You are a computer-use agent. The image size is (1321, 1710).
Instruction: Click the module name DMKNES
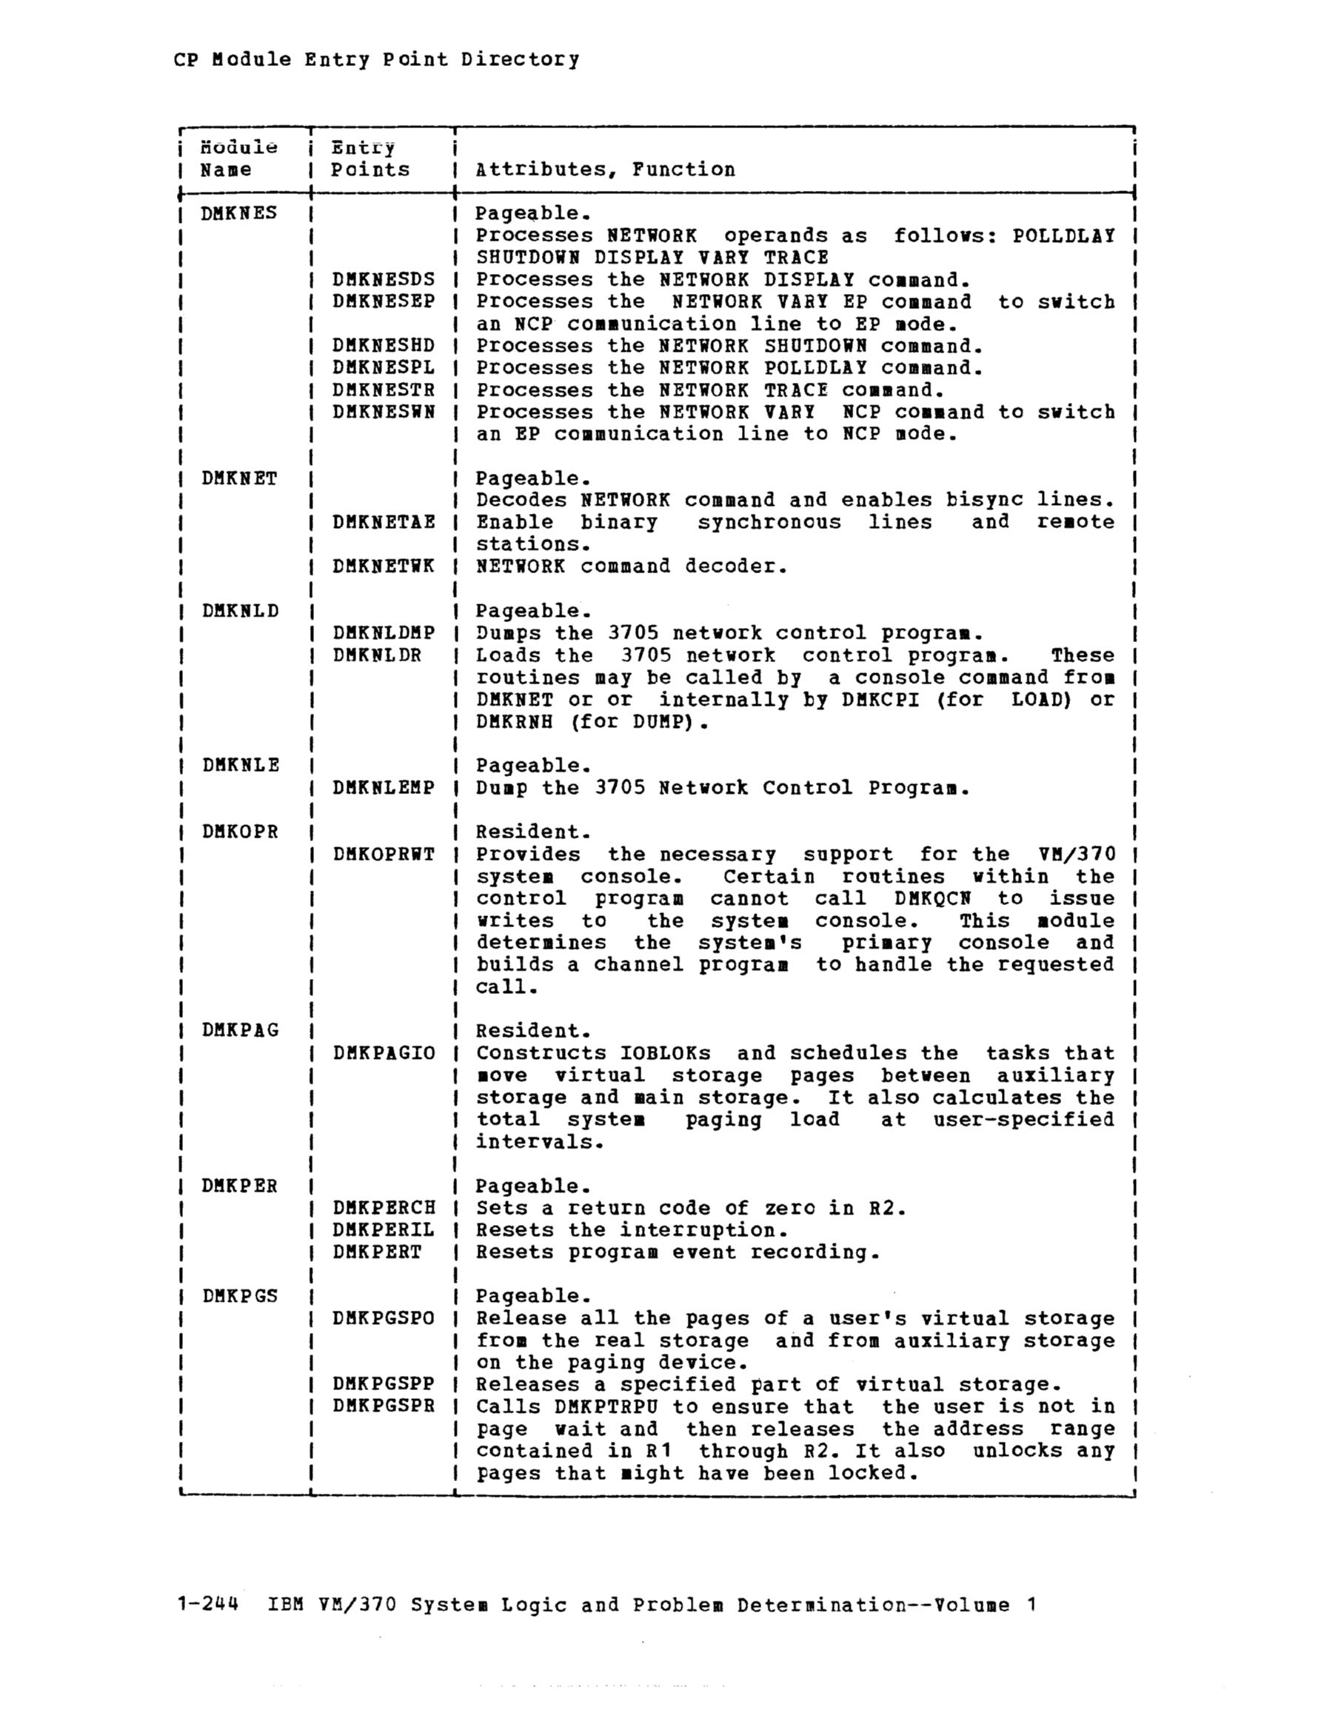tap(239, 213)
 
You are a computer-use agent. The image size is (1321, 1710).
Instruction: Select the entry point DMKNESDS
tap(383, 279)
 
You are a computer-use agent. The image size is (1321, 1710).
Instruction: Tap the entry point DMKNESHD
tap(383, 346)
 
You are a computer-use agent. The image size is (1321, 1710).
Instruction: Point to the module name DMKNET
tap(239, 478)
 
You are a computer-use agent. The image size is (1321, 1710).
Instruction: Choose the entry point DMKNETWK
tap(383, 566)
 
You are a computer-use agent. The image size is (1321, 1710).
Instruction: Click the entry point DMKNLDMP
tap(383, 632)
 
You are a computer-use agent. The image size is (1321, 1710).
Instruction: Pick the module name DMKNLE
tap(241, 765)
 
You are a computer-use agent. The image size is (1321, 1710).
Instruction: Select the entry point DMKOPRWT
tap(383, 854)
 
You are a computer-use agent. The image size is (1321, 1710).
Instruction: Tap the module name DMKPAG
tap(240, 1030)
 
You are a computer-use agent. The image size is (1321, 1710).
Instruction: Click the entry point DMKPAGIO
tap(383, 1053)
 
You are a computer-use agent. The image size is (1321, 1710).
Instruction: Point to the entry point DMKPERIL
tap(383, 1230)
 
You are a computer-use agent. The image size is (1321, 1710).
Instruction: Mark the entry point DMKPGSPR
tap(383, 1406)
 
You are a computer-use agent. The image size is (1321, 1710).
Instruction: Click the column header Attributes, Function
tap(605, 170)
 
